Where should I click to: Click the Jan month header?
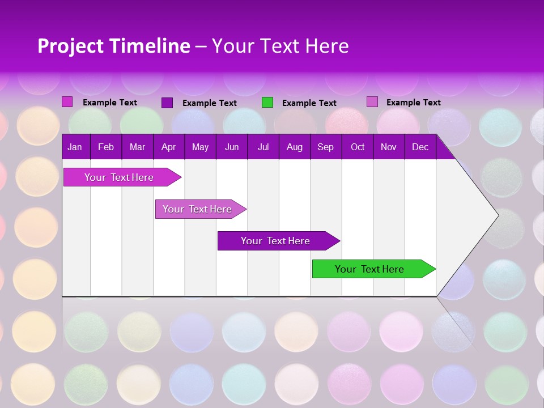click(75, 147)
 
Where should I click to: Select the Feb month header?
click(106, 147)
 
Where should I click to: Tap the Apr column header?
click(168, 147)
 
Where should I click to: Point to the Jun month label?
click(232, 147)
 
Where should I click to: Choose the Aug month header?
click(294, 147)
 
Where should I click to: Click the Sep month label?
click(325, 147)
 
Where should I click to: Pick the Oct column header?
click(358, 147)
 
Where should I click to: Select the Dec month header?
click(420, 147)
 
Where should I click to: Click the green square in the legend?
click(267, 103)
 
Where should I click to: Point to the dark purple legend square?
click(167, 103)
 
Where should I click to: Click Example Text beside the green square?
click(309, 103)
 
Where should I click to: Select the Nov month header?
click(389, 147)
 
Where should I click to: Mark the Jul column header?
click(263, 147)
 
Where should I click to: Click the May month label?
click(200, 147)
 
